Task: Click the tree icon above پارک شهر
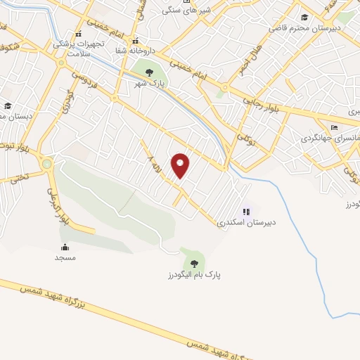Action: click(x=148, y=72)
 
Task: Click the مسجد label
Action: click(x=65, y=257)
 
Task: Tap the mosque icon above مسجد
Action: click(x=65, y=246)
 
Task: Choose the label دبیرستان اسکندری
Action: click(x=245, y=222)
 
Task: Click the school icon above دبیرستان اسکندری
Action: click(x=245, y=210)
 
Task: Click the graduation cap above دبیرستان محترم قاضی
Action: click(x=304, y=18)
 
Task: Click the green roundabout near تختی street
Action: click(x=46, y=164)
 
